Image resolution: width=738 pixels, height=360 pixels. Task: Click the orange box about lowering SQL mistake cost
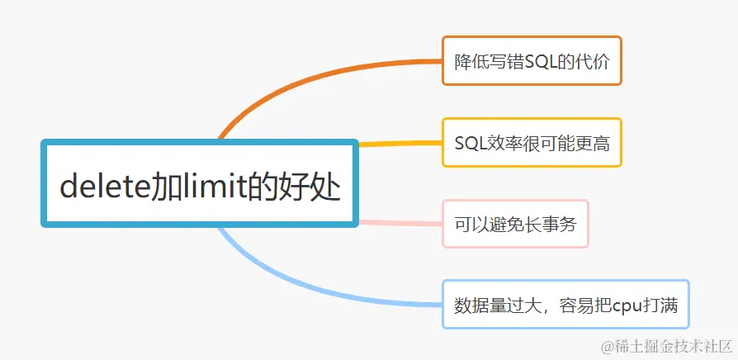532,60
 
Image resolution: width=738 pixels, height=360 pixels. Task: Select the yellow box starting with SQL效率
532,142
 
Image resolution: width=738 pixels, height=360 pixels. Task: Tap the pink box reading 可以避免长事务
515,224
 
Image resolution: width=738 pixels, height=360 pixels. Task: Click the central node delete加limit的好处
200,183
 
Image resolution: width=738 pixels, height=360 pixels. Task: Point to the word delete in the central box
103,185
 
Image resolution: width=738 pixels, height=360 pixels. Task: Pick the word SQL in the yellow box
470,143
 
